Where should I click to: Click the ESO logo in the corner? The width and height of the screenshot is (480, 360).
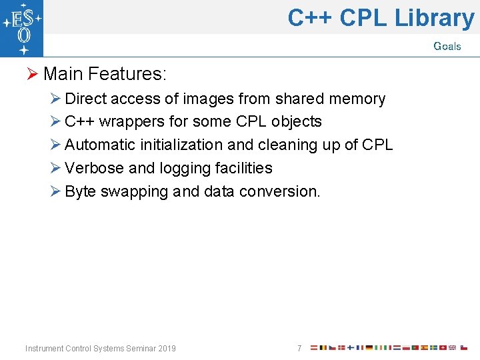22,29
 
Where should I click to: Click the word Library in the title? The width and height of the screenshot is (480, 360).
434,18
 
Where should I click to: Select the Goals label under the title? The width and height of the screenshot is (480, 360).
447,46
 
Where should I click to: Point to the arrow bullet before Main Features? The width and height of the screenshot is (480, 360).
33,73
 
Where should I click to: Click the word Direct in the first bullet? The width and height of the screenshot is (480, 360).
85,99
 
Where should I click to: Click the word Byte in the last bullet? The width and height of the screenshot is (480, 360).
80,191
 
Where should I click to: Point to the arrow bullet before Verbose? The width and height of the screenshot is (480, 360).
56,168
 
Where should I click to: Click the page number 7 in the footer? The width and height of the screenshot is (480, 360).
299,349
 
